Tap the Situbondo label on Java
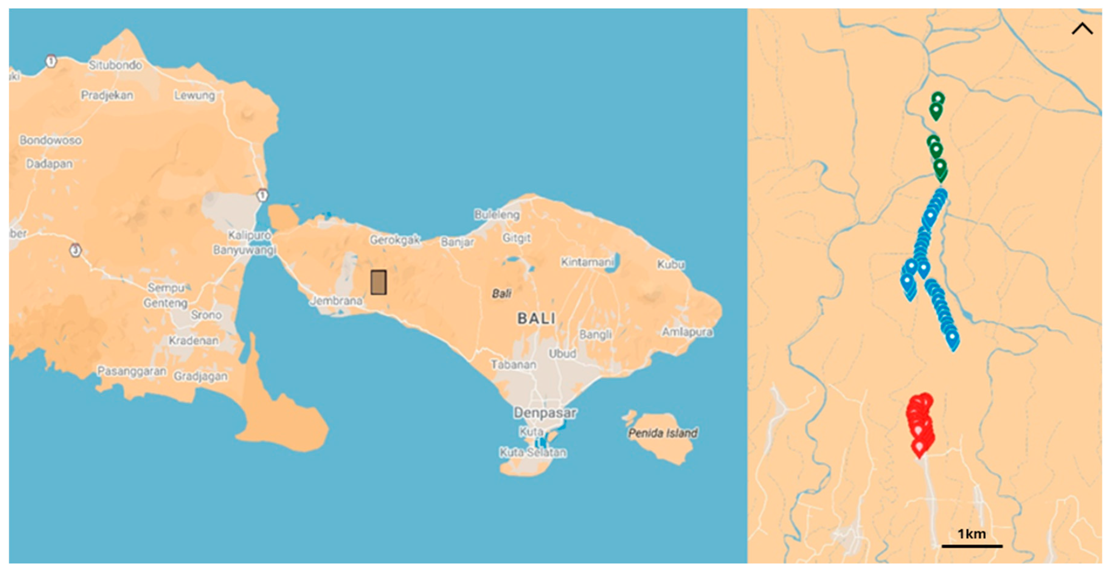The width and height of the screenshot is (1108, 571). point(115,65)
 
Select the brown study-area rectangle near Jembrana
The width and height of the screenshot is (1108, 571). point(379,282)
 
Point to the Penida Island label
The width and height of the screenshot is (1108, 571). point(663,433)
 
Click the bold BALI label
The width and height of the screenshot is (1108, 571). point(536,319)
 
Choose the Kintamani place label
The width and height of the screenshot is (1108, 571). point(587,262)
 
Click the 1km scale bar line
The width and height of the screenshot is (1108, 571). point(972,546)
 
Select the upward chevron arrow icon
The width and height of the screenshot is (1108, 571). point(1082,29)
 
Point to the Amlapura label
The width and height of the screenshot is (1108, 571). point(687,332)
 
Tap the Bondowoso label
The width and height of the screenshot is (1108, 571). point(51,140)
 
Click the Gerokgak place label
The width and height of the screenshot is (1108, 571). point(394,240)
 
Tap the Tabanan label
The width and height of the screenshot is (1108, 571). point(513,364)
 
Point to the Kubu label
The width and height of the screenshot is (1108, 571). point(670,264)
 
